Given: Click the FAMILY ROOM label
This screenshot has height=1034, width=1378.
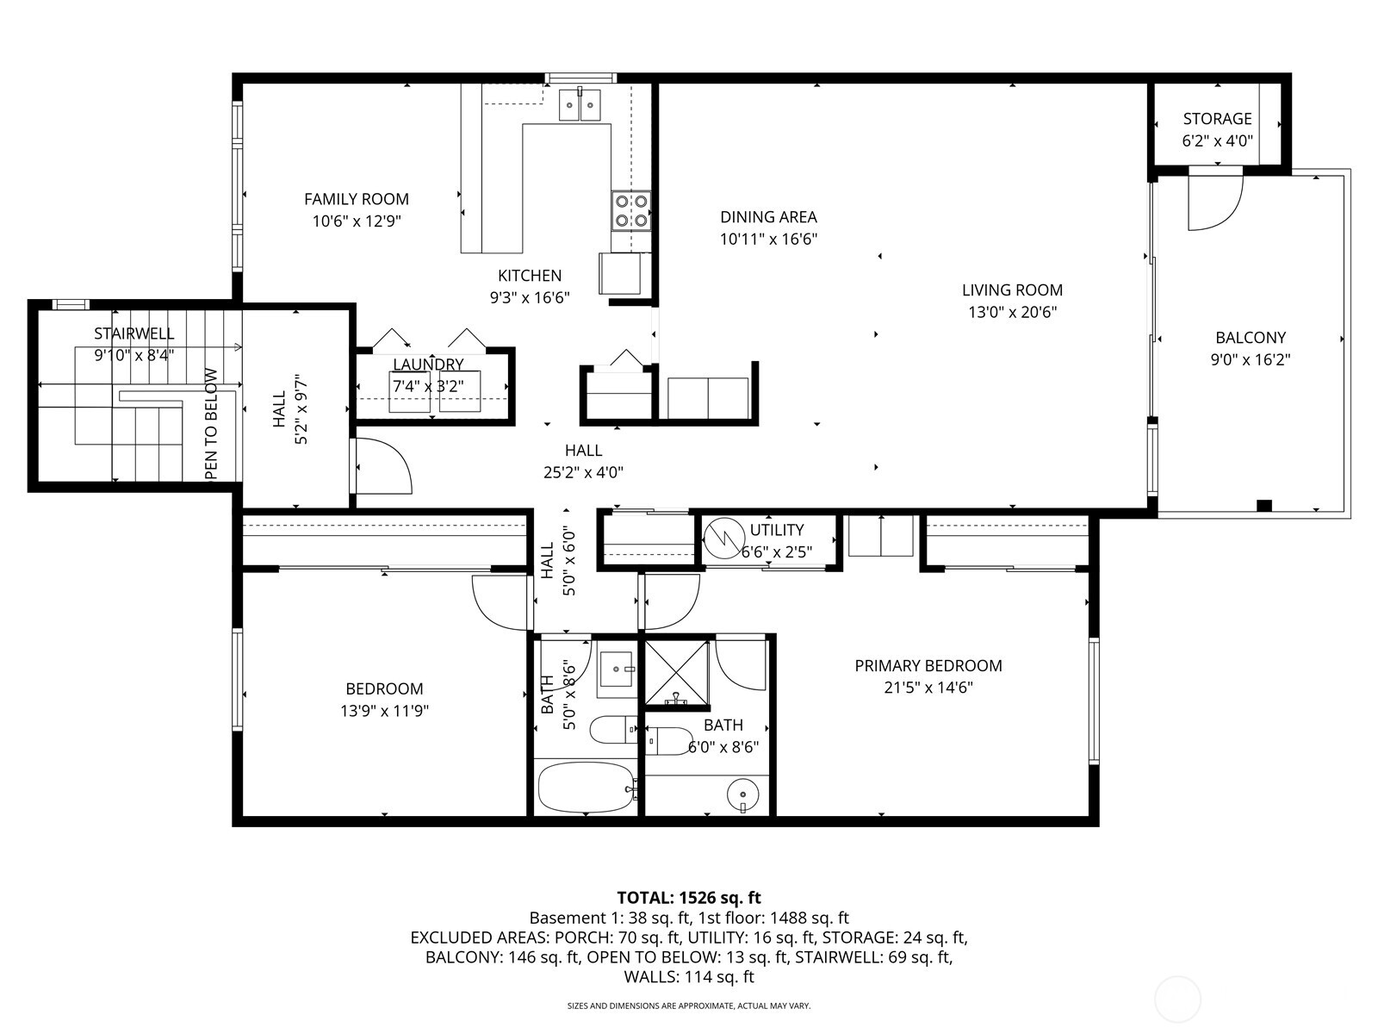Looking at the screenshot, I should click(356, 199).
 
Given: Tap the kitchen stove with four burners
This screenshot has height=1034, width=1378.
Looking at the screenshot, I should click(630, 211).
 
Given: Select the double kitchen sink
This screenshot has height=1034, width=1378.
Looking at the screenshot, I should click(579, 105).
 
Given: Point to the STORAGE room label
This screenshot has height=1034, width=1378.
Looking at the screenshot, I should click(1217, 119).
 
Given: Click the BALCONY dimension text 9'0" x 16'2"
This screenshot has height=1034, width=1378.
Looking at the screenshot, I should click(1250, 360).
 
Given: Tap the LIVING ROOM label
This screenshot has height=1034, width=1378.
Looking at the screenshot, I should click(1012, 290).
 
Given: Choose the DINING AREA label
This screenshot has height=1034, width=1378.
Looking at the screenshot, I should click(768, 217).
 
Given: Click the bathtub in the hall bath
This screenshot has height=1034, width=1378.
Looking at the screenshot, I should click(586, 786).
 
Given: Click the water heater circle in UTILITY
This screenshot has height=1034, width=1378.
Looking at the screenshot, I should click(723, 538).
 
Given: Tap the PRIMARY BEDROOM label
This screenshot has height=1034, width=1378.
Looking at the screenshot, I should click(928, 666).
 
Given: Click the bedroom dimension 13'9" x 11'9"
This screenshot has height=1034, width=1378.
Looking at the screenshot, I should click(384, 711).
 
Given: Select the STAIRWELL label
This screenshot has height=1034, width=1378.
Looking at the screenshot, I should click(133, 333).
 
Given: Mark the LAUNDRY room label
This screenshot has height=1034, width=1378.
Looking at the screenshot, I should click(428, 364).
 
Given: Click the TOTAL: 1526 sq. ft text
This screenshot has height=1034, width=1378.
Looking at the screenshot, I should click(689, 898).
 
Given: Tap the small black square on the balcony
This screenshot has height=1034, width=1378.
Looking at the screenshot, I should click(1263, 506).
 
